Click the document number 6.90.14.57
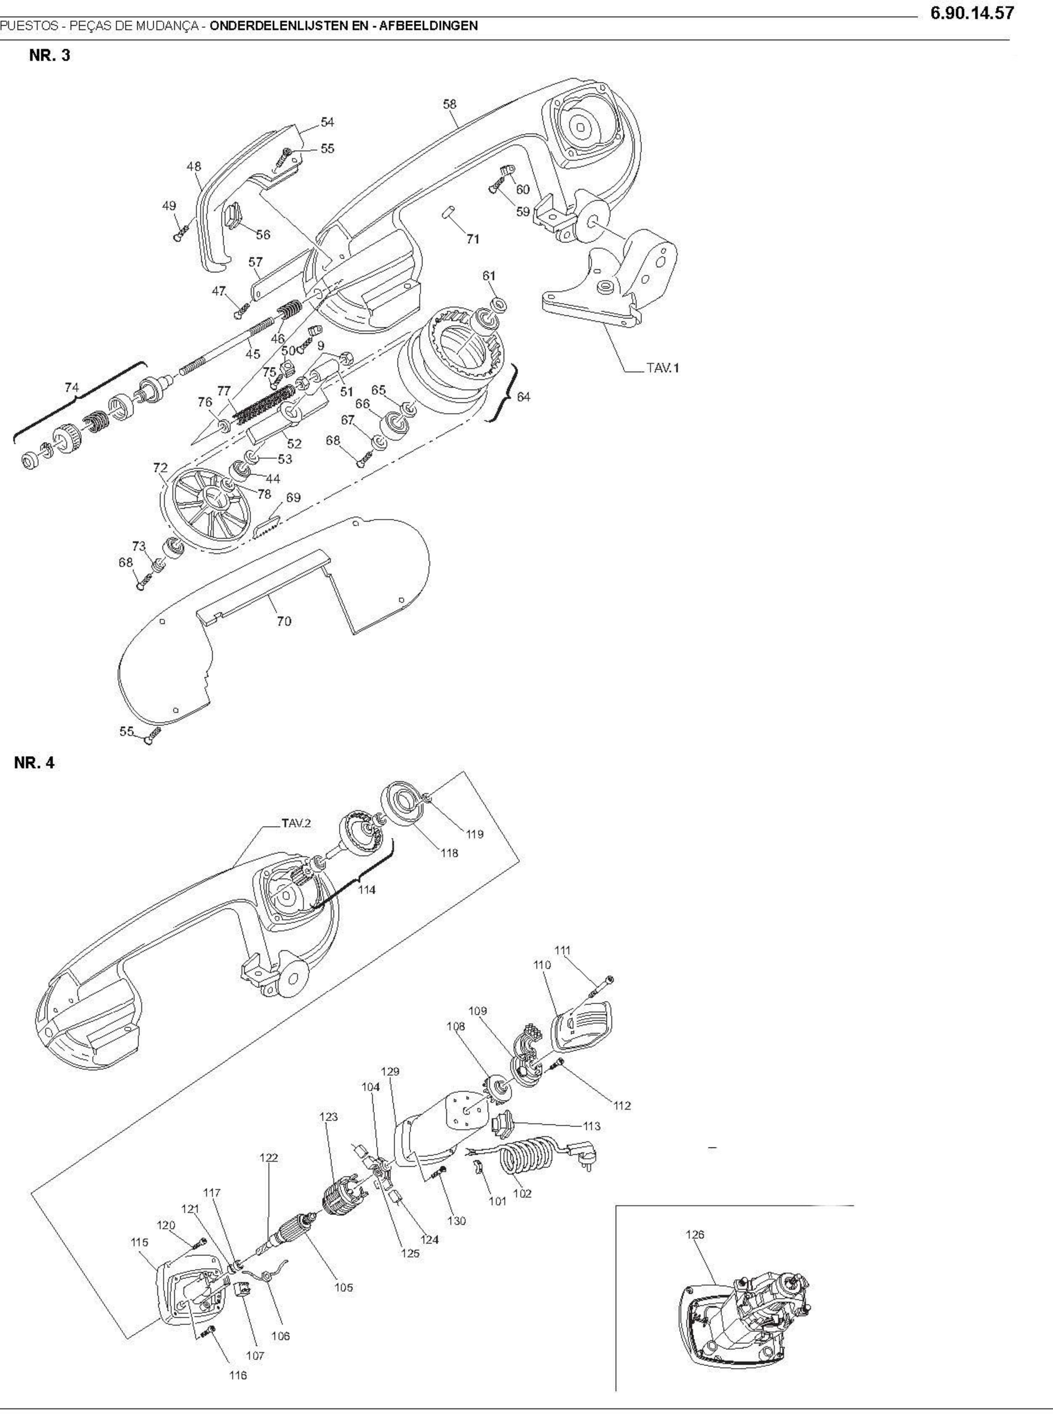point(971,13)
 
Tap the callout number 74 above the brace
point(71,387)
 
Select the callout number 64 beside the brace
point(523,397)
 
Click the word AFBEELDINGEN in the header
point(428,26)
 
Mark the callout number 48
point(194,166)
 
